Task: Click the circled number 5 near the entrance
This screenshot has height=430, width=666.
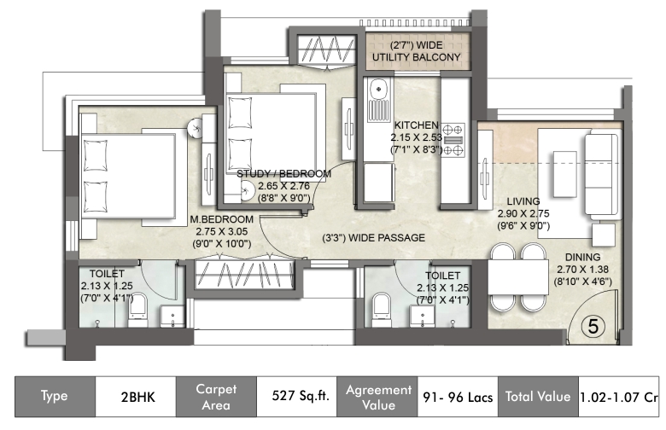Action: click(593, 327)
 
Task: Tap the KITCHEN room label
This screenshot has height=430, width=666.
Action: click(417, 125)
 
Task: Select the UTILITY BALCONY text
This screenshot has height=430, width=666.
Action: click(417, 57)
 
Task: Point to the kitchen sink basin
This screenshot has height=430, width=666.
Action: click(378, 89)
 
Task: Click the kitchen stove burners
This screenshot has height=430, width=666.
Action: click(453, 140)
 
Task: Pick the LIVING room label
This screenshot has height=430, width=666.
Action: click(523, 201)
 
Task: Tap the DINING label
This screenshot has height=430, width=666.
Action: click(582, 258)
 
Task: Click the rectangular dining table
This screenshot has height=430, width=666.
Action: click(517, 277)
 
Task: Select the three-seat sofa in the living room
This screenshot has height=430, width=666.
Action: click(601, 175)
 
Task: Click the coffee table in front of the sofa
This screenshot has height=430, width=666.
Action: click(565, 174)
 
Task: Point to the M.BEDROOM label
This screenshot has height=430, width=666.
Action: click(221, 219)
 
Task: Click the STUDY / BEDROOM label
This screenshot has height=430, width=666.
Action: click(283, 173)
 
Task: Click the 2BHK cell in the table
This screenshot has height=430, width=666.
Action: click(136, 396)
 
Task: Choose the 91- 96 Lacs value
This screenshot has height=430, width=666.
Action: click(458, 397)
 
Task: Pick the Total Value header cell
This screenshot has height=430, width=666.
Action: click(538, 396)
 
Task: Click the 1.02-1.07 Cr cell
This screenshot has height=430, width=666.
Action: click(618, 397)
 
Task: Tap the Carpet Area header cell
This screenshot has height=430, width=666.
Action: click(216, 396)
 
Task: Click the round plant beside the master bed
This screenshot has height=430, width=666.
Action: click(196, 127)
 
